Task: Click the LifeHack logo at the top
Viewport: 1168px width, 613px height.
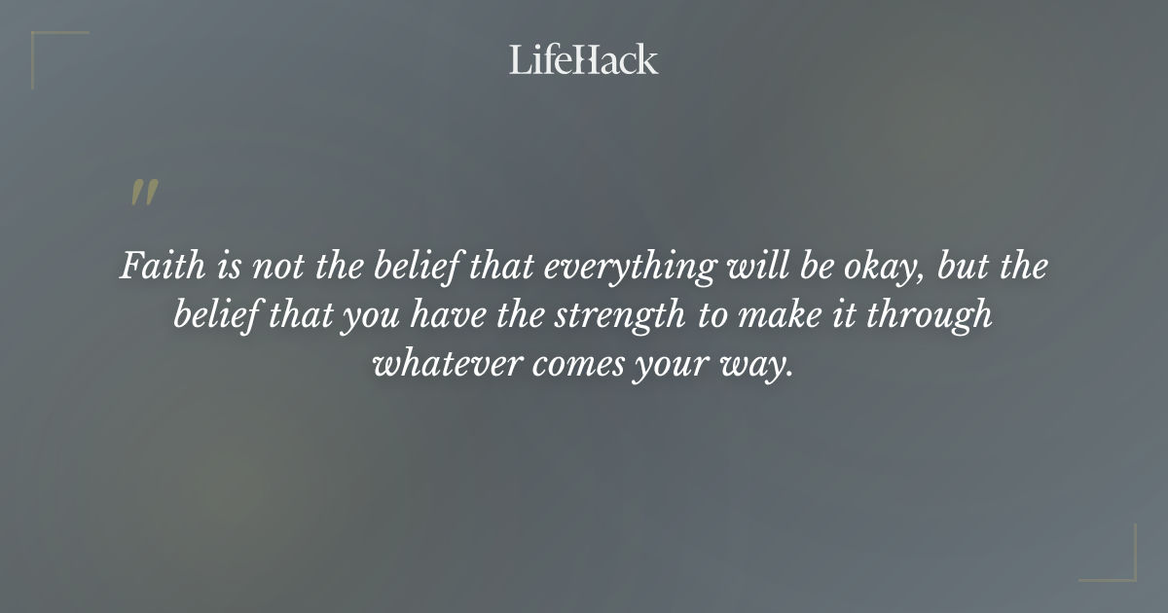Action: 583,59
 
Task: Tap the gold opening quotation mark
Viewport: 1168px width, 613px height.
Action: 143,193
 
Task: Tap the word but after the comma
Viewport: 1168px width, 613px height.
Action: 964,267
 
